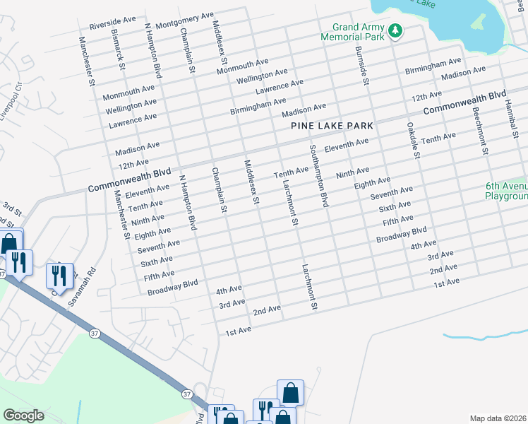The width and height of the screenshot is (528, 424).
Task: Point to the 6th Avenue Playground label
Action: pos(507,192)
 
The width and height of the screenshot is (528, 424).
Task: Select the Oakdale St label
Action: pos(412,140)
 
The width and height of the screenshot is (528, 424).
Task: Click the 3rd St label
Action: pos(10,208)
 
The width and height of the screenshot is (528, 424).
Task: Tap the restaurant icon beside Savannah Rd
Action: pos(57,275)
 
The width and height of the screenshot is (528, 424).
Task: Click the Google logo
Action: pos(23,416)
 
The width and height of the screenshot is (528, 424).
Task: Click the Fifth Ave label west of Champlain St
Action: pos(159,274)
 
